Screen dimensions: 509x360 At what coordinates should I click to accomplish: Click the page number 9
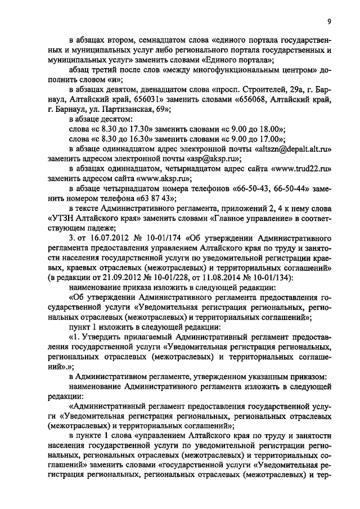(328, 21)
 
